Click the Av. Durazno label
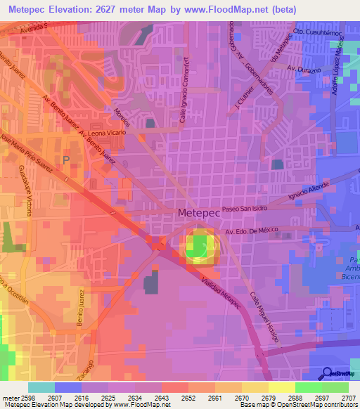[x=303, y=69]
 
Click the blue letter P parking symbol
[x=66, y=160]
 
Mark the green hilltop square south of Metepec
[x=201, y=247]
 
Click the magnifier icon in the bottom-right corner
[x=326, y=373]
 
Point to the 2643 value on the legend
[x=161, y=398]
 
